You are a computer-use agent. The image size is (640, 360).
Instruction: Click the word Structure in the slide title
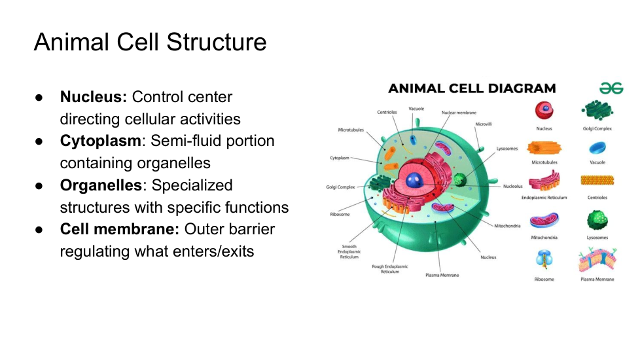217,42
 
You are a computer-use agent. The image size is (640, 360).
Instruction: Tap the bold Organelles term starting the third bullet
101,185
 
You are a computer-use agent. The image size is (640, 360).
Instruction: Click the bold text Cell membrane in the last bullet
120,229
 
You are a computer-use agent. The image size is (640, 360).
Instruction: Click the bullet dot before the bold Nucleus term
39,98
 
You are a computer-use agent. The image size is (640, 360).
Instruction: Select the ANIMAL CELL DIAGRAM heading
472,88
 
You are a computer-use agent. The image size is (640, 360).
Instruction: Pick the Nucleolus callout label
512,186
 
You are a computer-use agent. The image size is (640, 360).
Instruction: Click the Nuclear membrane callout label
459,113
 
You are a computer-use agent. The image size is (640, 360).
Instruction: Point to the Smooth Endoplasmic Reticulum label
348,251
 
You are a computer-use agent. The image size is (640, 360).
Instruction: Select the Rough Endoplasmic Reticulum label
390,268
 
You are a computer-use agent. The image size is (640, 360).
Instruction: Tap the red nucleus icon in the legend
543,110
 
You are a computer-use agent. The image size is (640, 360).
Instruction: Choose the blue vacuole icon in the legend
597,148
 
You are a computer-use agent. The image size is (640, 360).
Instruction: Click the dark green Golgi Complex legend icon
597,111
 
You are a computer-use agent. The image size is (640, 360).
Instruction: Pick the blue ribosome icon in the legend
544,260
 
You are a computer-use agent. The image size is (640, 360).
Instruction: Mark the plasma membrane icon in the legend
597,260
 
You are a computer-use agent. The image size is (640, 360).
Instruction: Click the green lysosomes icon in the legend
597,221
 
